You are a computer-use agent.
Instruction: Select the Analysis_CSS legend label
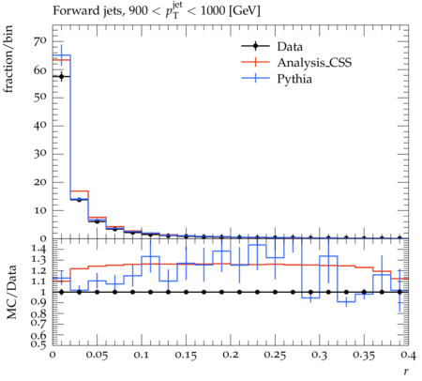pos(314,63)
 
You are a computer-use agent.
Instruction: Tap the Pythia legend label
pos(294,79)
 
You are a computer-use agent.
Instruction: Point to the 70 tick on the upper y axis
pos(40,41)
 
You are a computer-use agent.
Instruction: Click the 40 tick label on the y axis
pos(40,126)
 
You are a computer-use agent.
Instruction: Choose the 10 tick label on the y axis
pos(40,210)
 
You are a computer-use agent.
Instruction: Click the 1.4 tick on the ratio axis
pos(39,250)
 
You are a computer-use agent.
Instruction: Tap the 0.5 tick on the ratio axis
pos(39,344)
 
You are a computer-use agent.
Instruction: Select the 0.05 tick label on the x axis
pos(97,355)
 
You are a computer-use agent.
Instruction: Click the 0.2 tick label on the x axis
pos(231,355)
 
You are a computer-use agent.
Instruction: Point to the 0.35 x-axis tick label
pos(364,355)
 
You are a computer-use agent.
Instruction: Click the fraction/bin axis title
pos(8,59)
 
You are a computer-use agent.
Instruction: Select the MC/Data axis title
pos(11,292)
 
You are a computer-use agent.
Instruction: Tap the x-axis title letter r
pos(406,372)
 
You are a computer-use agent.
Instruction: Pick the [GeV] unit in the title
pos(244,11)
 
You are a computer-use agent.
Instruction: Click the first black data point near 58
pos(62,76)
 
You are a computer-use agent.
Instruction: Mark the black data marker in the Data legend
pos(255,47)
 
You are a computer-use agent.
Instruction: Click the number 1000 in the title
pos(213,10)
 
